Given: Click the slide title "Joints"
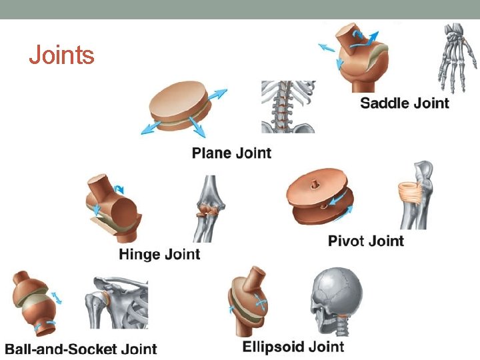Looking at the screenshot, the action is click(61, 55).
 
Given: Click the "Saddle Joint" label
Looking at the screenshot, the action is click(405, 103).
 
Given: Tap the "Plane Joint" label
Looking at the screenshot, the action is click(231, 153).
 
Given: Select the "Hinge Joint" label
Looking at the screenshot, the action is click(159, 254).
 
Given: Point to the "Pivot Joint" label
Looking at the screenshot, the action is click(366, 241).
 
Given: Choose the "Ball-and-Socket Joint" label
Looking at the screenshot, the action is click(81, 349).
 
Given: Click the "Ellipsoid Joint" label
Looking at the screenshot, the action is click(293, 347).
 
